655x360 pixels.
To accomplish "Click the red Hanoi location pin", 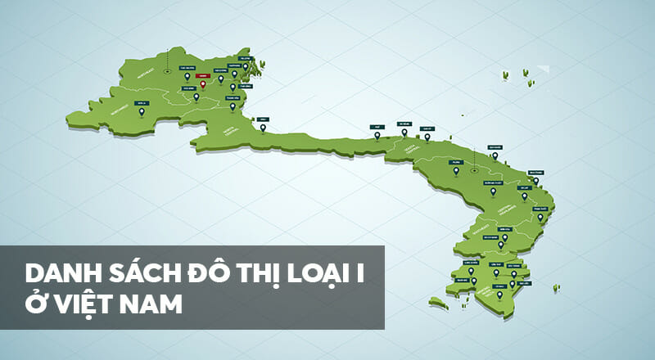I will (x=203, y=84).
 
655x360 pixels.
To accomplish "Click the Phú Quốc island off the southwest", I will (x=439, y=303).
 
